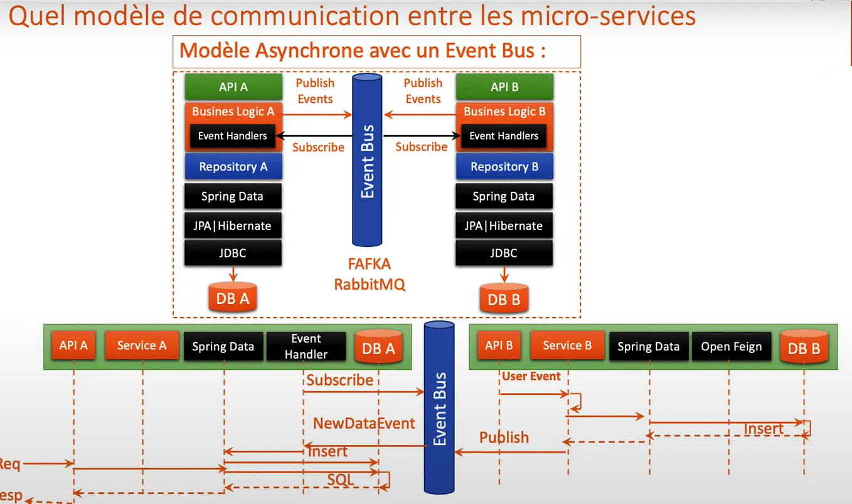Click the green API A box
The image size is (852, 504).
click(233, 87)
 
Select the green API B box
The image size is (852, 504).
click(504, 87)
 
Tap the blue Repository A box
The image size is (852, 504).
click(233, 167)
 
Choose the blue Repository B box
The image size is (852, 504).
click(504, 167)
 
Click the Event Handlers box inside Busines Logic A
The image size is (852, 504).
click(233, 136)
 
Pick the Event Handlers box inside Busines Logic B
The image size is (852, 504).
click(504, 136)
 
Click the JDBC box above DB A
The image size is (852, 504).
click(233, 253)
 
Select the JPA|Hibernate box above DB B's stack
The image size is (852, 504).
click(504, 226)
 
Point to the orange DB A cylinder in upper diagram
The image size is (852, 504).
click(233, 298)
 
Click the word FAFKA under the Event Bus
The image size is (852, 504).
click(370, 265)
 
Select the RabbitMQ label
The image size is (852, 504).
click(370, 284)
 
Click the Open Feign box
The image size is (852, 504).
click(731, 347)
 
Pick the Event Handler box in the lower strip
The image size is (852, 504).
click(306, 347)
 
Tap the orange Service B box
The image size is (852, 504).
click(567, 345)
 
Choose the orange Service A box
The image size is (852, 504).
click(142, 345)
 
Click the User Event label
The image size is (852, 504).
click(531, 377)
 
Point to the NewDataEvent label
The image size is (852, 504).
click(364, 423)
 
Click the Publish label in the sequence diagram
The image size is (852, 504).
click(504, 438)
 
